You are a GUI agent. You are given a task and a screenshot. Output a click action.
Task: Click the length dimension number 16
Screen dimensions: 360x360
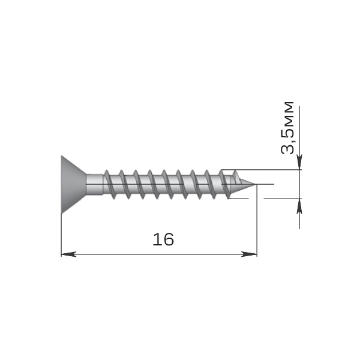coord(163,239)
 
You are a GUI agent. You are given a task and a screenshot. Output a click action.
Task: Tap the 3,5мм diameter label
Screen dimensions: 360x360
coord(287,128)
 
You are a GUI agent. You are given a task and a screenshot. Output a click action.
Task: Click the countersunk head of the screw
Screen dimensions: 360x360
coord(73,185)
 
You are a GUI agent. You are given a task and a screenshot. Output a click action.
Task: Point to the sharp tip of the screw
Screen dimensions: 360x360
coord(254,184)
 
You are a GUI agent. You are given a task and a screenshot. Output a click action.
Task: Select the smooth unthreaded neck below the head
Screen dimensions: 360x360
coord(95,184)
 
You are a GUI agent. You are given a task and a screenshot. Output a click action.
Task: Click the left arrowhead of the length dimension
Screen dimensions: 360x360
coord(68,254)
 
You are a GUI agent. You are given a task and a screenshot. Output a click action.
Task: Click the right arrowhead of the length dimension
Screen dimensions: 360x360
coord(249,254)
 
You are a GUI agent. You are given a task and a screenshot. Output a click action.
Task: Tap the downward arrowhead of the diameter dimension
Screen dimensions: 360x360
coord(299,162)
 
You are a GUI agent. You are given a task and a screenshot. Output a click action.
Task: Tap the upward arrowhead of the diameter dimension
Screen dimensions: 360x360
coord(299,206)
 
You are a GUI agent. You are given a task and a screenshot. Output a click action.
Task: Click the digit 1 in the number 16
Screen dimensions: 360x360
coord(157,239)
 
